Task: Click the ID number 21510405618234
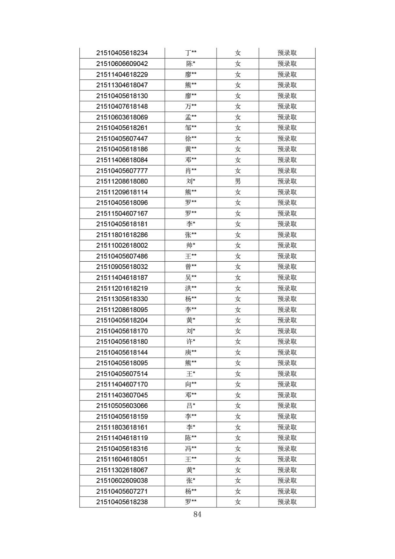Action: (122, 53)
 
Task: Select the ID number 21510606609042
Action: (122, 64)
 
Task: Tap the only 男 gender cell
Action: (237, 181)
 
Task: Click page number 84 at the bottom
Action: (197, 514)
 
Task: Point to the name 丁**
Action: (191, 53)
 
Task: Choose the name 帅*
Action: (191, 245)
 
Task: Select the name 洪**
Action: (191, 288)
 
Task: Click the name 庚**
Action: (191, 352)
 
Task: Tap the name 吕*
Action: (191, 406)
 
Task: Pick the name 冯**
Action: (191, 449)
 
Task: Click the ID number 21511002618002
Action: (122, 245)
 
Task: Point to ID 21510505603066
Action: (122, 406)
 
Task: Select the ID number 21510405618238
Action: (122, 502)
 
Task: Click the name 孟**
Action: (191, 117)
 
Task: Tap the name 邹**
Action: (191, 128)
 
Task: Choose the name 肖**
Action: (191, 170)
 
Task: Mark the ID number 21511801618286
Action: (122, 235)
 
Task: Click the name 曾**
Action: (191, 267)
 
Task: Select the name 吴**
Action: (191, 277)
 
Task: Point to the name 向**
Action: (191, 384)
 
